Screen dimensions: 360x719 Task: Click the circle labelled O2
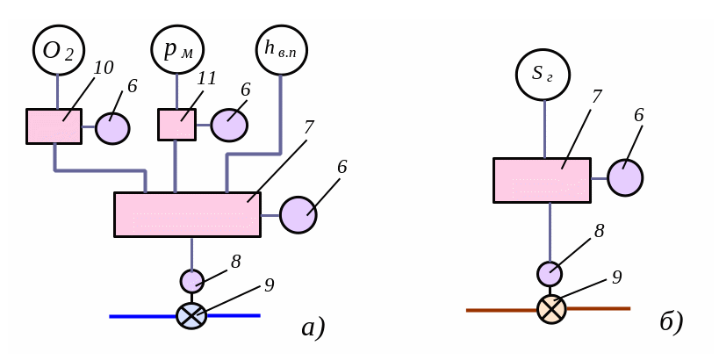click(x=59, y=50)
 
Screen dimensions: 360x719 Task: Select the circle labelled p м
click(x=177, y=50)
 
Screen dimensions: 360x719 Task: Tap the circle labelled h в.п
click(x=282, y=50)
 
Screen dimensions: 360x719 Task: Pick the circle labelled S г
click(x=543, y=75)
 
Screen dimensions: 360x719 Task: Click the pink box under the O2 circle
click(x=54, y=126)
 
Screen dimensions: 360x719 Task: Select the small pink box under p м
click(x=176, y=125)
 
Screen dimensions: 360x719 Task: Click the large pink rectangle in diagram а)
click(x=187, y=214)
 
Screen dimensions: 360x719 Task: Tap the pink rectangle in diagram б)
click(x=542, y=180)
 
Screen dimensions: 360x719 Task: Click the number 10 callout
click(x=104, y=68)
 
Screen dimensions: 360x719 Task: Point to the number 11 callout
click(x=207, y=79)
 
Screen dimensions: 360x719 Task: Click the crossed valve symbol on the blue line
click(x=191, y=316)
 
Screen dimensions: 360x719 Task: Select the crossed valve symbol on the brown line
click(x=551, y=309)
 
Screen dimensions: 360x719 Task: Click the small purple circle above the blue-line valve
click(x=192, y=281)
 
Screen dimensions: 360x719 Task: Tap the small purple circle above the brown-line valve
click(x=550, y=274)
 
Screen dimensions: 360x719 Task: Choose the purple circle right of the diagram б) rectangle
click(x=625, y=177)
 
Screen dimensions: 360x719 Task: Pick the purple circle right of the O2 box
click(x=112, y=128)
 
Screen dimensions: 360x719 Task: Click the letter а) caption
click(x=313, y=328)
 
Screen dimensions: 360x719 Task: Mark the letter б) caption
click(x=672, y=322)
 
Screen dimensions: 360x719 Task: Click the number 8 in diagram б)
click(x=600, y=232)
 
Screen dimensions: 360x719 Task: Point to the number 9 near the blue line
click(x=270, y=285)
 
